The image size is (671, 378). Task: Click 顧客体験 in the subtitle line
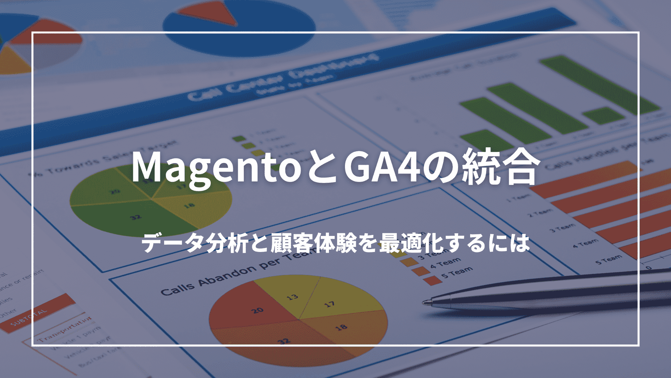pos(313,243)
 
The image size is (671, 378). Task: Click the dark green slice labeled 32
pos(131,218)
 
